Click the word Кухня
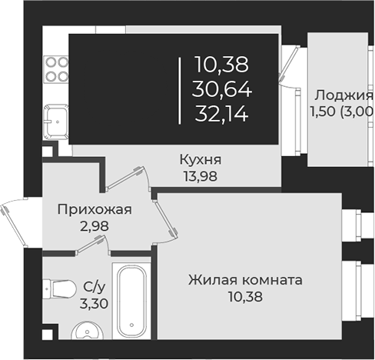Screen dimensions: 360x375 coord(201,160)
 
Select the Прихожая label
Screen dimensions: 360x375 coord(95,208)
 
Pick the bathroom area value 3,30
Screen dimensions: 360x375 coord(90,302)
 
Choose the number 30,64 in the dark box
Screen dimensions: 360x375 coord(222,89)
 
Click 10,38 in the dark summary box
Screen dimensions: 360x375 coord(222,64)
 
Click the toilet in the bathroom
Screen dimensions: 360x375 coord(58,289)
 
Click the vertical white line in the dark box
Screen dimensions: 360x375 coord(179,89)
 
